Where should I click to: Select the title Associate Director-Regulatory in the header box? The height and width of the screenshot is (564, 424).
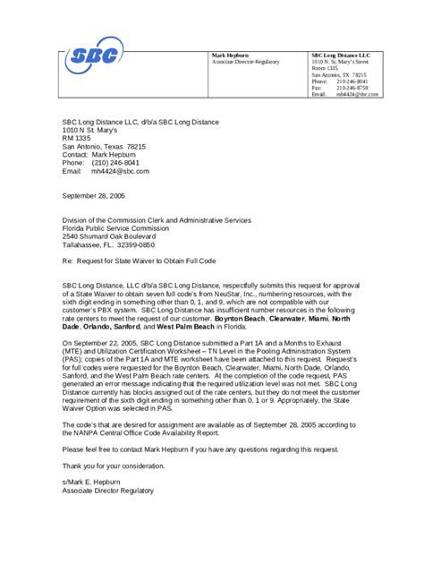(246, 62)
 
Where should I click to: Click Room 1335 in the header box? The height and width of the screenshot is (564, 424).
(325, 68)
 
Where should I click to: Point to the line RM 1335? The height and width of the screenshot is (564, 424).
(75, 138)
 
